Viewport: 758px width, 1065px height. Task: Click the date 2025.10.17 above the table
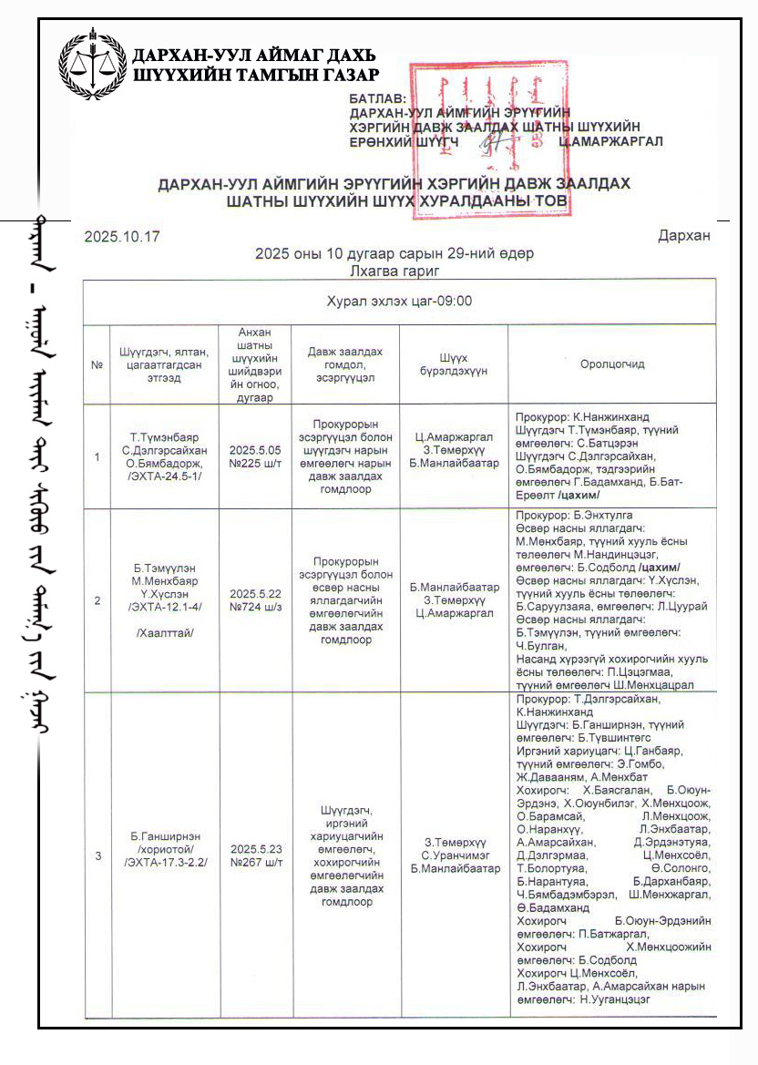(122, 237)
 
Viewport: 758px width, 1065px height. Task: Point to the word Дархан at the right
(683, 237)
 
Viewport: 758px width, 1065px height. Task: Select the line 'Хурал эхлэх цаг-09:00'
(399, 301)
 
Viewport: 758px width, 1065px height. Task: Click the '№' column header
(97, 364)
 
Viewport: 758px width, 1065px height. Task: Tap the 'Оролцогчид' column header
(611, 364)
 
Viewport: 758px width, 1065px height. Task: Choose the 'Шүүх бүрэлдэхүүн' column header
(453, 364)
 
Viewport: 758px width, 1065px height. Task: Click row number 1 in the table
(97, 456)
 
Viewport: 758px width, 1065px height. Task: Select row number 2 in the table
(97, 600)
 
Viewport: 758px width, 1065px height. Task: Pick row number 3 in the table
(97, 855)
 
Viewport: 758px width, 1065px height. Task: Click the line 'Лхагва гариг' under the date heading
(394, 270)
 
